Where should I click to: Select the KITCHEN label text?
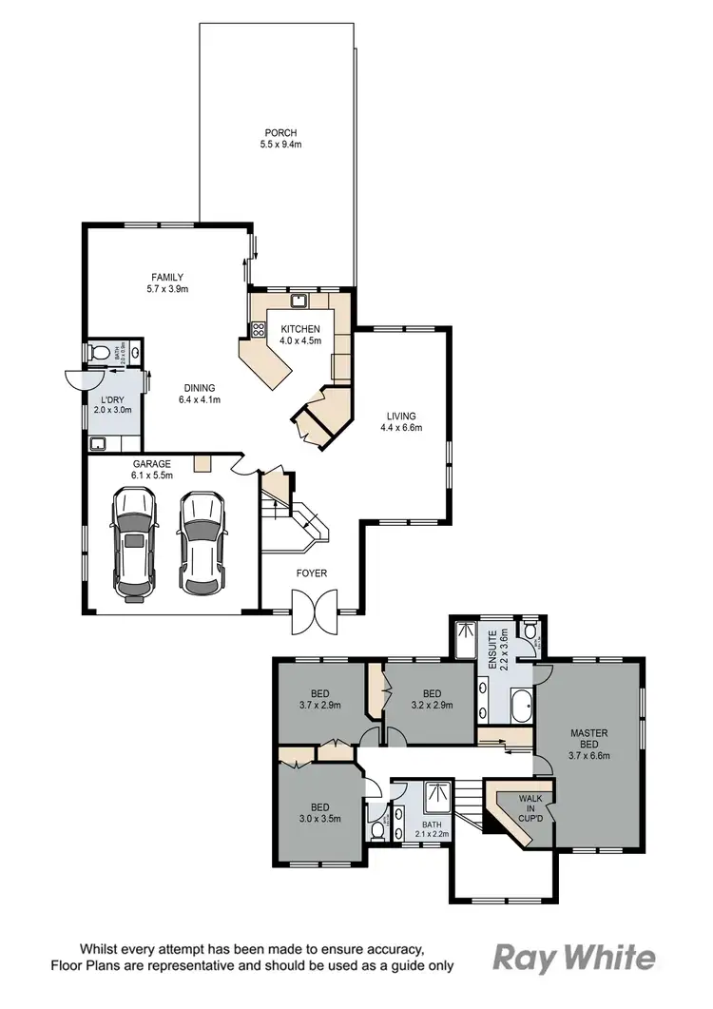[300, 329]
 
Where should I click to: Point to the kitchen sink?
[299, 301]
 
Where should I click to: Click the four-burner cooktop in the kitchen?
[257, 330]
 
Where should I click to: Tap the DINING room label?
[199, 388]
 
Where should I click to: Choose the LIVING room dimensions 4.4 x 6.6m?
[400, 428]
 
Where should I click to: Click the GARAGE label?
[151, 464]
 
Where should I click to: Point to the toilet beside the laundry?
[96, 352]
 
